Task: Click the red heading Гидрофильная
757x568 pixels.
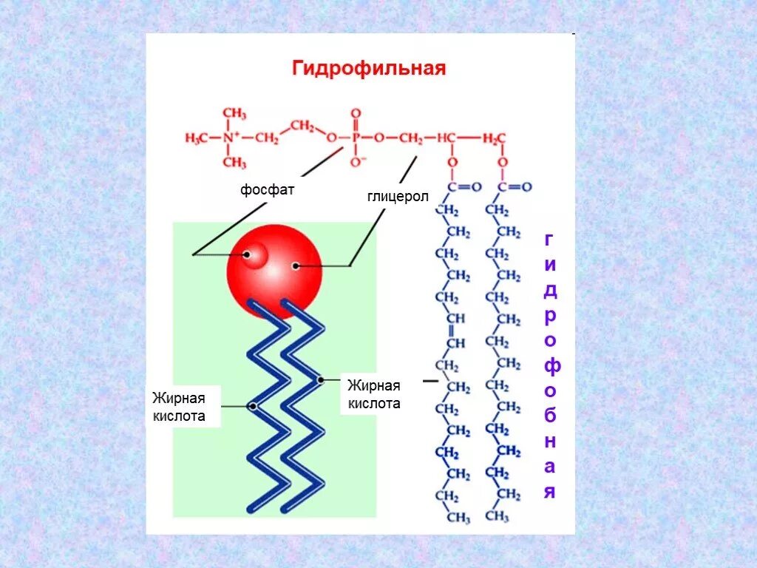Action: click(x=368, y=69)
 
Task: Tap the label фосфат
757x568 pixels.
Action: click(x=267, y=190)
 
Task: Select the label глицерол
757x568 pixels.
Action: click(x=398, y=197)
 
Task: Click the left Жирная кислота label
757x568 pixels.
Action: click(x=178, y=407)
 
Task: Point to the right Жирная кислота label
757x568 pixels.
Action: click(x=374, y=394)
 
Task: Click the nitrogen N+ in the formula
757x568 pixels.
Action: click(x=232, y=138)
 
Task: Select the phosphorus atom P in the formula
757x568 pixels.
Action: click(x=356, y=138)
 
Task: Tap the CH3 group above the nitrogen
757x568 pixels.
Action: click(x=234, y=113)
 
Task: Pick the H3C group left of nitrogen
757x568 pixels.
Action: click(x=197, y=138)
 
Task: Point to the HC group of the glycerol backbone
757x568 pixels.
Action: click(x=446, y=138)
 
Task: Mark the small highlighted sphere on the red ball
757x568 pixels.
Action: click(x=255, y=256)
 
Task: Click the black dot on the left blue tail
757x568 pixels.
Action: click(x=253, y=406)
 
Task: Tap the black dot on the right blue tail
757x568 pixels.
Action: click(x=321, y=380)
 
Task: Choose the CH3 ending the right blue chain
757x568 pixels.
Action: click(x=497, y=515)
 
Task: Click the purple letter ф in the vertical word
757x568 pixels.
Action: click(x=549, y=366)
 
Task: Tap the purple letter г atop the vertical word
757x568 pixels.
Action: click(x=549, y=239)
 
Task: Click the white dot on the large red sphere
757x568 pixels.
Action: click(x=296, y=266)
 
